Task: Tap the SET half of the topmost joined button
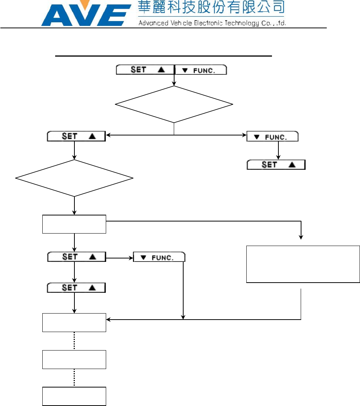click(145, 70)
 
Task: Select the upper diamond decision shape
click(174, 105)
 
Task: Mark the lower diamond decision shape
click(74, 178)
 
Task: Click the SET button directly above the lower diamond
click(77, 136)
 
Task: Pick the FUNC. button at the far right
click(272, 136)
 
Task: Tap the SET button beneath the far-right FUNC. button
click(276, 165)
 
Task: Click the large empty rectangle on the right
click(303, 264)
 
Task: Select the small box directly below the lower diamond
click(74, 224)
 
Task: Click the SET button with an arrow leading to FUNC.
click(77, 257)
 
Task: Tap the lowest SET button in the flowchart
click(77, 288)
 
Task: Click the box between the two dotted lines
click(74, 359)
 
